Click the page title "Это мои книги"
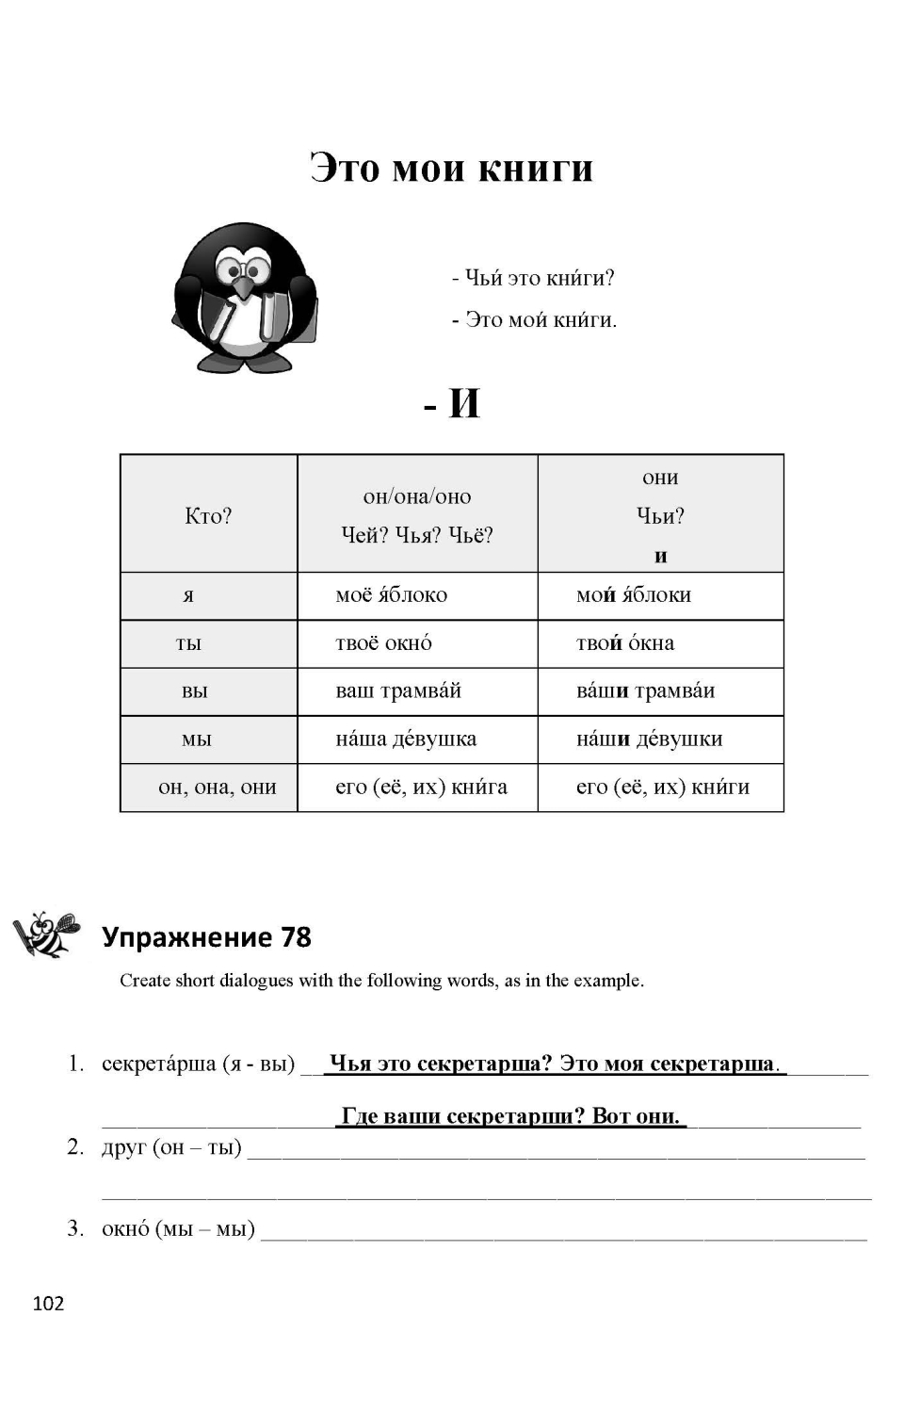tap(452, 170)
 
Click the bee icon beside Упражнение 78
tap(45, 934)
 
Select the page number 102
tap(48, 1304)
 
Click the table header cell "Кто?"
tap(208, 515)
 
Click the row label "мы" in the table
tap(197, 739)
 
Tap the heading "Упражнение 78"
tap(206, 937)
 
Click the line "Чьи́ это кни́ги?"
tap(533, 278)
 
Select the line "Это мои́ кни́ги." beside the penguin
tap(535, 320)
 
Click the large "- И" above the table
tap(453, 404)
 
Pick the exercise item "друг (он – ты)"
tap(171, 1147)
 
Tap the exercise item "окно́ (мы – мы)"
tap(178, 1229)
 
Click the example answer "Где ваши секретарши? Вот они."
tap(511, 1116)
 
